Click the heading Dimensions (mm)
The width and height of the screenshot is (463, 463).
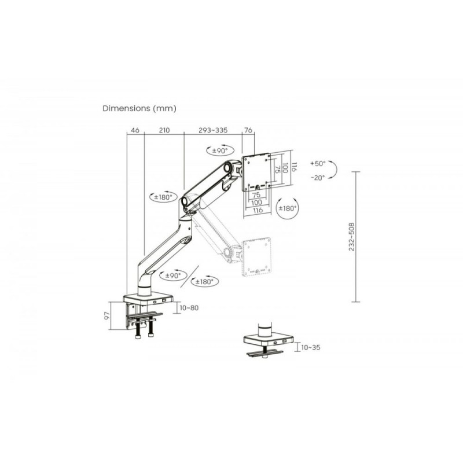[x=139, y=108]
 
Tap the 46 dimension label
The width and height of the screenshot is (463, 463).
[x=135, y=130]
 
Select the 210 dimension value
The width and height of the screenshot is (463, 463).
[x=164, y=130]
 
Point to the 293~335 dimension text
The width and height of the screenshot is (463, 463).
[x=213, y=130]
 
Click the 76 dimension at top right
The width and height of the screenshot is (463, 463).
[x=248, y=130]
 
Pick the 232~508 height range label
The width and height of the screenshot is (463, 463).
[x=351, y=237]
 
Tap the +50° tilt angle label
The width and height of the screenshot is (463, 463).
[x=318, y=163]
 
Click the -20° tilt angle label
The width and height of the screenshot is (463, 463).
[x=318, y=178]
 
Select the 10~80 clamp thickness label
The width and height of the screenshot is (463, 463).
[x=189, y=308]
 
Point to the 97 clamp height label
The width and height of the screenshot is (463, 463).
[x=107, y=315]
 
